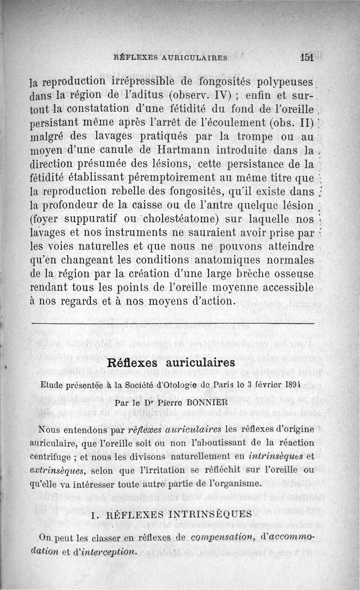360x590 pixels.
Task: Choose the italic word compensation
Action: pos(222,538)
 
